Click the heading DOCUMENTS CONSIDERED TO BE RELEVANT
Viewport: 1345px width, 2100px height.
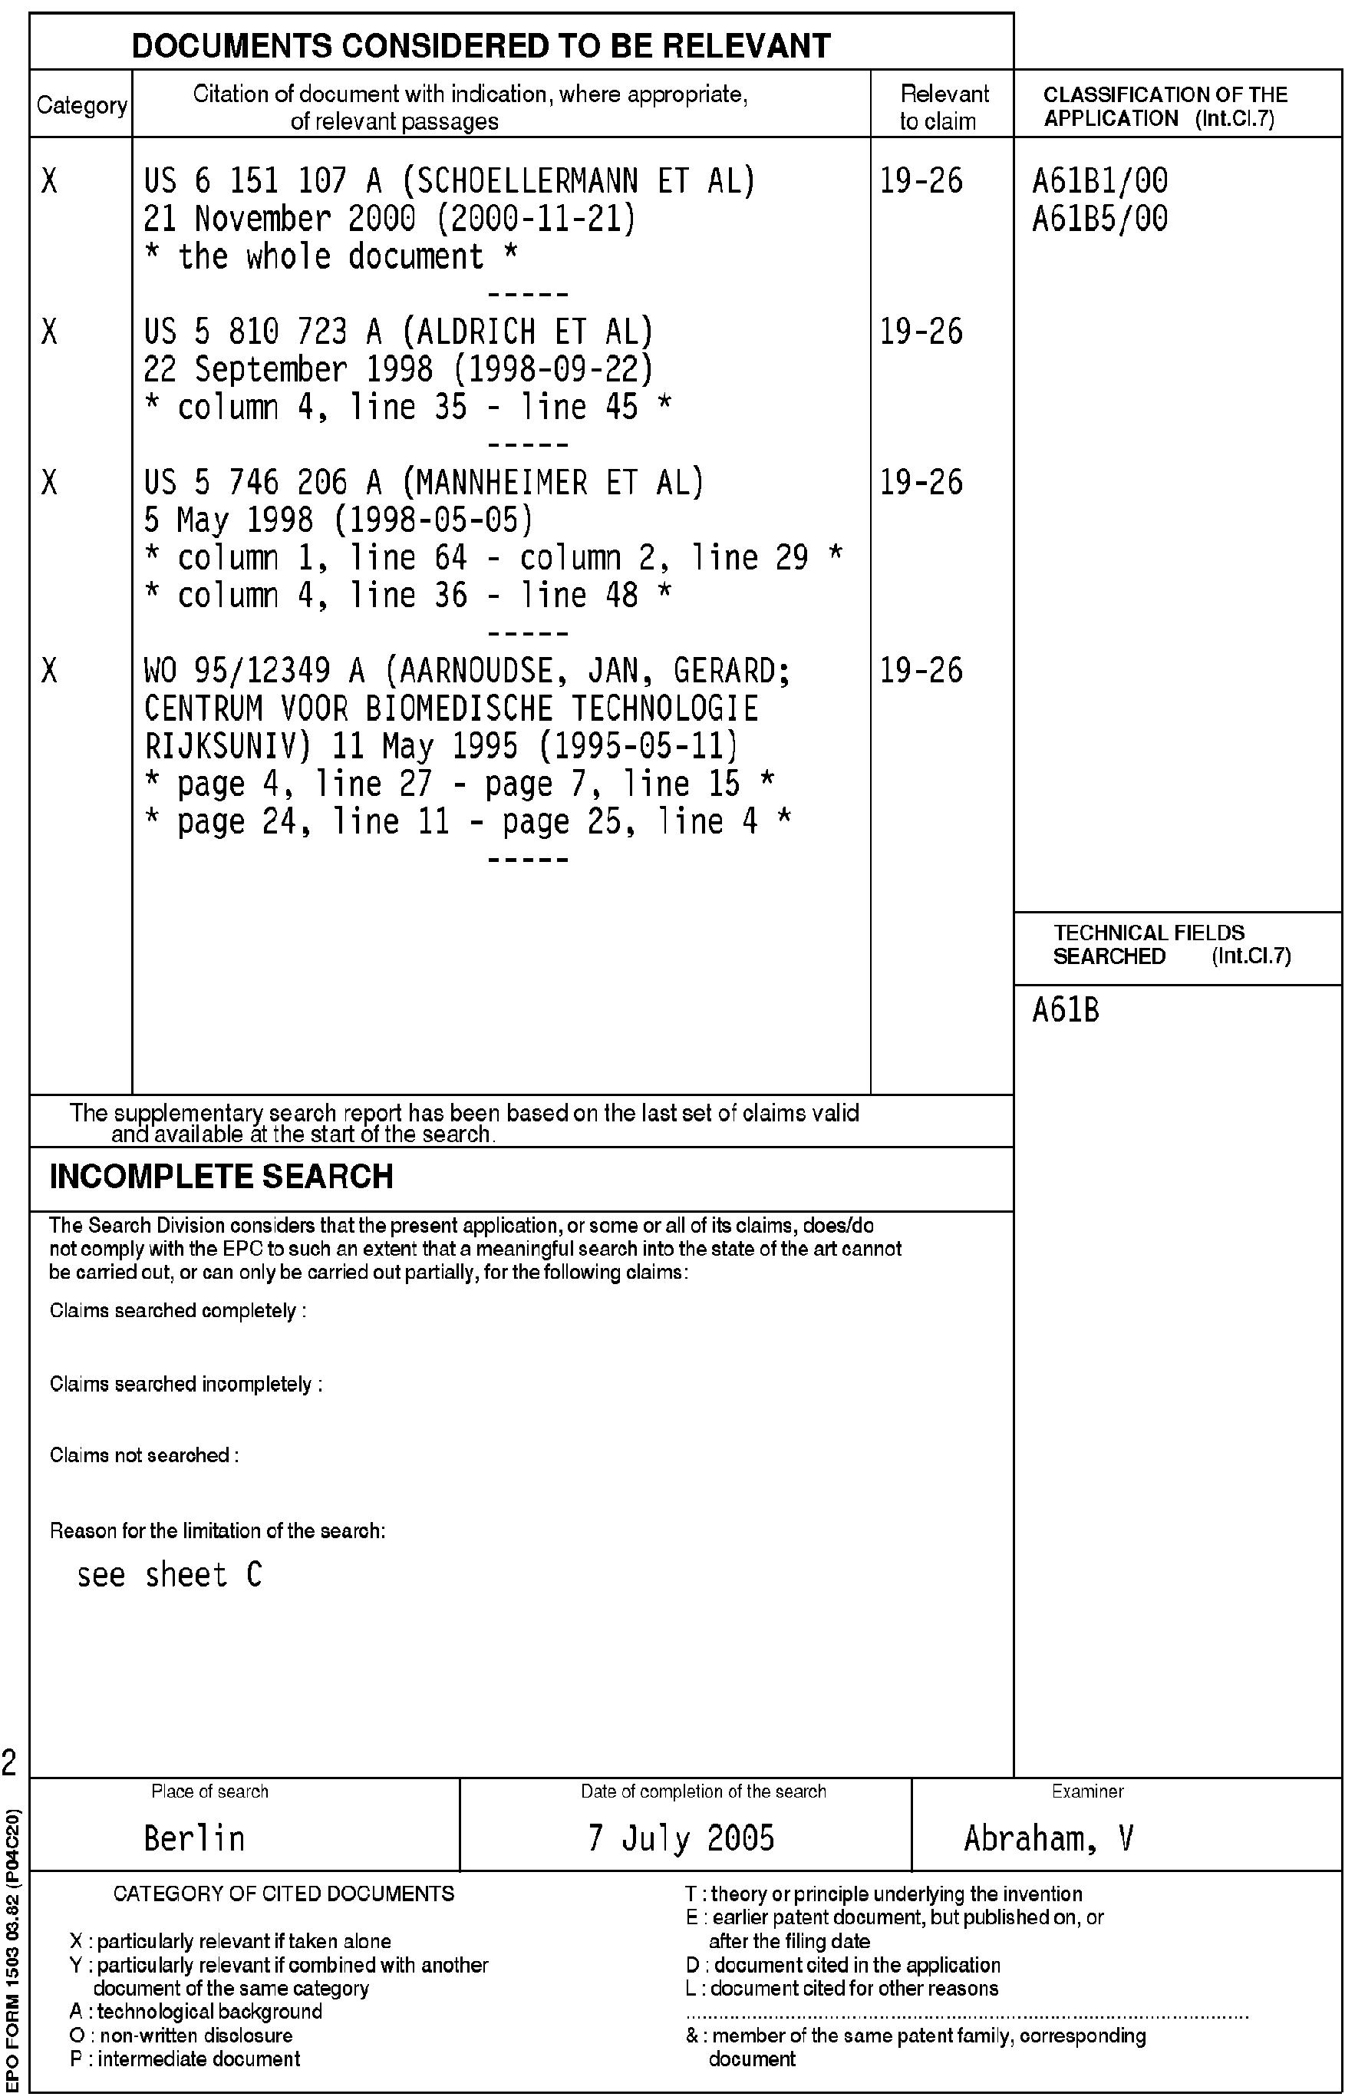point(480,45)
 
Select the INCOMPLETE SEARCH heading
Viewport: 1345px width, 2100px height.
point(221,1177)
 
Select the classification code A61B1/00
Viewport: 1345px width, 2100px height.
point(1099,181)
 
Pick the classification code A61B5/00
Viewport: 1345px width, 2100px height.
point(1099,219)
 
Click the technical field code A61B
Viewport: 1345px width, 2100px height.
point(1066,1011)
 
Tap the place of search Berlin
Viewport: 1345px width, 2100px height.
point(194,1838)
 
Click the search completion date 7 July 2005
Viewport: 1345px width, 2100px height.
point(681,1838)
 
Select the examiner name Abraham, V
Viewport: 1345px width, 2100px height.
point(1048,1838)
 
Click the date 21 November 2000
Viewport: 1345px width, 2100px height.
point(236,219)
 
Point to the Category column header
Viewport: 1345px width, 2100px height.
point(81,106)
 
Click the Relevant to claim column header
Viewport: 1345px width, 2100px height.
point(942,107)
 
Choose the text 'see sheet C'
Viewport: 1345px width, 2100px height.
point(170,1575)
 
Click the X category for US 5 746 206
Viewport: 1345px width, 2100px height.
point(50,482)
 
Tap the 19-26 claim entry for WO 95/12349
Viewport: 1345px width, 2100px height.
point(921,671)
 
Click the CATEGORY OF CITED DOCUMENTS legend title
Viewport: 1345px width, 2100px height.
point(284,1894)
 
